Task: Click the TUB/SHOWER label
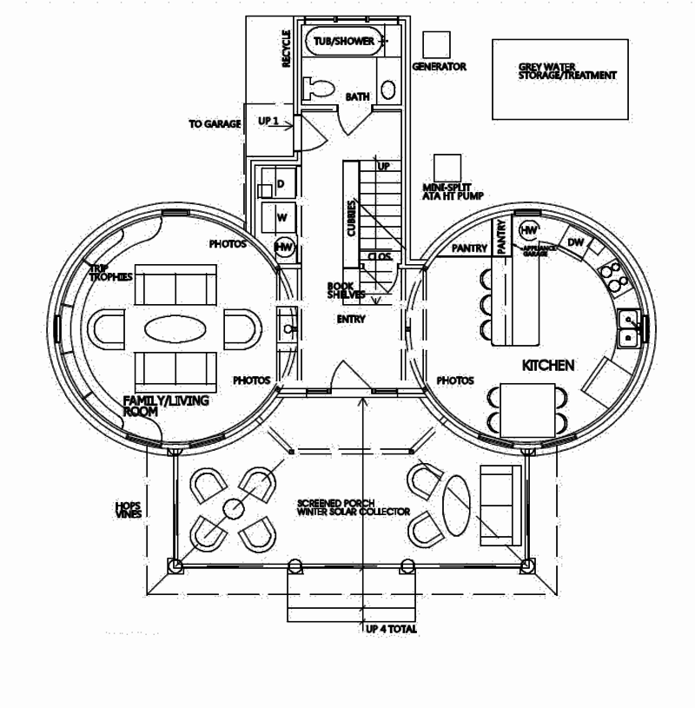[344, 41]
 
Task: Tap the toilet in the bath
[319, 88]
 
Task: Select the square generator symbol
[437, 45]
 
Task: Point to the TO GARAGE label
[214, 124]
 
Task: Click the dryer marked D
[280, 184]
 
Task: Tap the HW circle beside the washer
[283, 247]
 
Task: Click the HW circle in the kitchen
[527, 230]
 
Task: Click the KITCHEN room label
[547, 367]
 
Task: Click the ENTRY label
[351, 320]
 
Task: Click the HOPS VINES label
[128, 508]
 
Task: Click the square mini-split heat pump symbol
[447, 167]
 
